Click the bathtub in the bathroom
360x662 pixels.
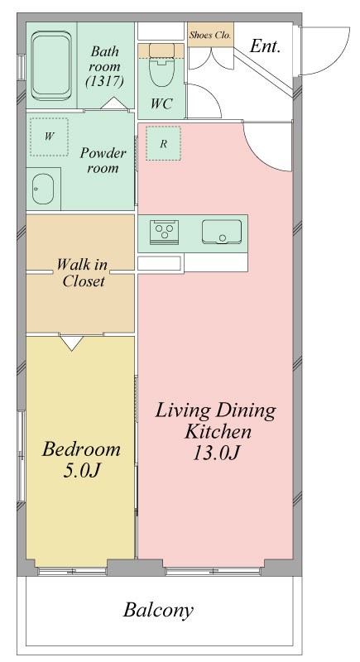tap(51, 66)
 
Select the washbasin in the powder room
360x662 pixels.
tap(43, 189)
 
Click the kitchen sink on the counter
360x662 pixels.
tap(222, 232)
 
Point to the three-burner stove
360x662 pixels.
tap(164, 233)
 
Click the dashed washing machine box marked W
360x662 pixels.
tap(49, 137)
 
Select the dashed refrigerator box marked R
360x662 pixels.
tap(163, 143)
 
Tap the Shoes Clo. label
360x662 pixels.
tap(210, 35)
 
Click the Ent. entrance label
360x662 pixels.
tap(265, 46)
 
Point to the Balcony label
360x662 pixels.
tap(158, 610)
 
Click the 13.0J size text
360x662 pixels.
tap(217, 453)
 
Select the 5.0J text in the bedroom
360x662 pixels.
tap(81, 470)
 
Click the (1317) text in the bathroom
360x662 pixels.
tap(104, 81)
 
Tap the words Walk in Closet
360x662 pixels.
tap(82, 273)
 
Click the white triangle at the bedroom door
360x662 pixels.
tap(72, 343)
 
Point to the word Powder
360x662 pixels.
tap(103, 152)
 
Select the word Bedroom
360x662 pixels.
tap(81, 449)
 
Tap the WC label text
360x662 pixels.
tap(161, 104)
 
